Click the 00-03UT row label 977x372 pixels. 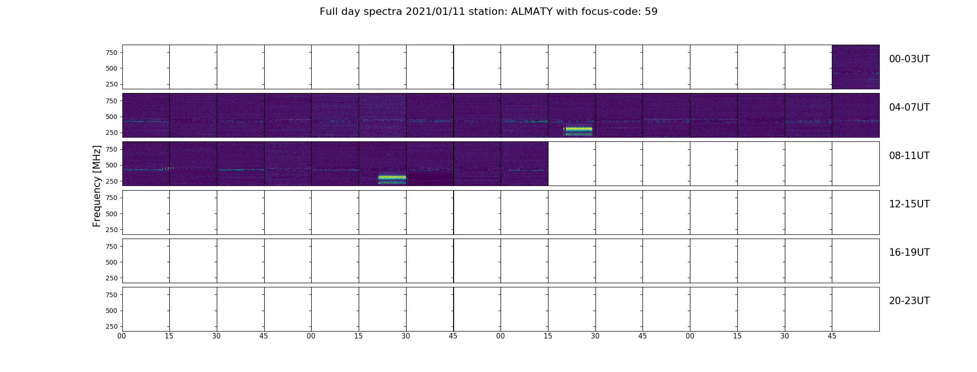click(x=909, y=59)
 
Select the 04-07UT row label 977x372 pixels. click(x=909, y=107)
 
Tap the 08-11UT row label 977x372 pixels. click(x=909, y=156)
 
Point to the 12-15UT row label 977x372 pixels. click(x=909, y=204)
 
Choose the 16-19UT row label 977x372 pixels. click(x=909, y=252)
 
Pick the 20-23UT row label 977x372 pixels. click(x=909, y=301)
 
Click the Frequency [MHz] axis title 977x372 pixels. click(x=97, y=186)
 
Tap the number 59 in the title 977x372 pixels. click(x=651, y=12)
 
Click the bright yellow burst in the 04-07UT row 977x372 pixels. click(x=578, y=131)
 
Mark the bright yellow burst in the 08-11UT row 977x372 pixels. click(x=392, y=179)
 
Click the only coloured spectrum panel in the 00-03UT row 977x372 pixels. click(x=856, y=67)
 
